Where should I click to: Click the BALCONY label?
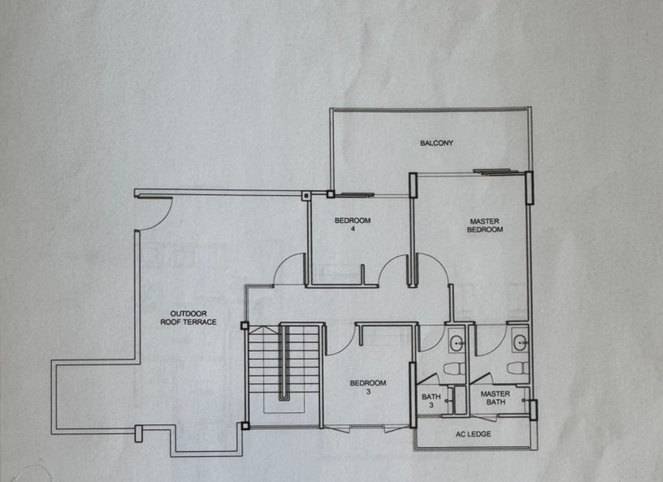(x=436, y=144)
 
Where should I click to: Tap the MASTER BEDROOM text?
(x=485, y=225)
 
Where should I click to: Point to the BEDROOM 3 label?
(x=367, y=387)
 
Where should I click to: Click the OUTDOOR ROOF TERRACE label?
(x=193, y=318)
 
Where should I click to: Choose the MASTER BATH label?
(x=495, y=398)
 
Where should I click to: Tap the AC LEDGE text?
(x=474, y=434)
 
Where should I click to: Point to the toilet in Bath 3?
(x=456, y=370)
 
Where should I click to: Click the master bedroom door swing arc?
(x=431, y=269)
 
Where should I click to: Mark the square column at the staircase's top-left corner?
(x=245, y=326)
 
